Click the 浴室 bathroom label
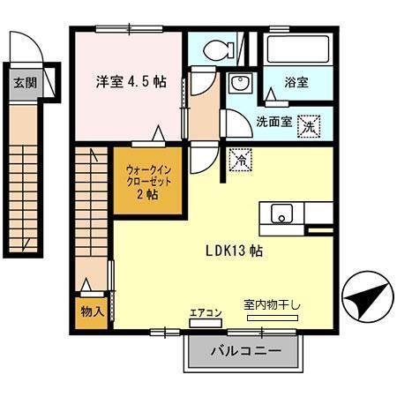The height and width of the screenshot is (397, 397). click(x=296, y=82)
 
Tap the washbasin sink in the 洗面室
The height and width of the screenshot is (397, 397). click(x=237, y=84)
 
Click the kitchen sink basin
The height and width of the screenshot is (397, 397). click(x=281, y=213)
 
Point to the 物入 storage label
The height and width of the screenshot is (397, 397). click(x=92, y=311)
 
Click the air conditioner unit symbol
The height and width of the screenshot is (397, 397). click(x=206, y=324)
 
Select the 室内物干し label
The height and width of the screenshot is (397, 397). click(x=272, y=305)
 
